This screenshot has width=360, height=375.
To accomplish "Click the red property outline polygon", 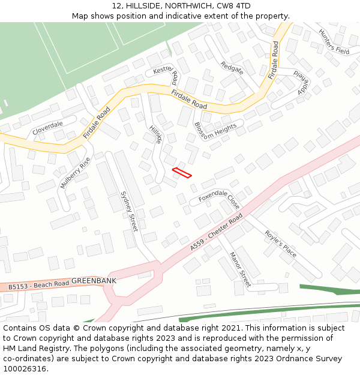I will pos(182,173).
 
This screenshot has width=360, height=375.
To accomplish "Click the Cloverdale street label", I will pos(48,128).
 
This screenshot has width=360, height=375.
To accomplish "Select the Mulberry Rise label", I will pos(75,173).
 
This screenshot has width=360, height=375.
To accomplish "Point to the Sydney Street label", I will pos(129,211).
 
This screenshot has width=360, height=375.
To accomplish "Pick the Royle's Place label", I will pos(281,243).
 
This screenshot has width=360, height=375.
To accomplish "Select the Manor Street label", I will pos(240,269).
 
